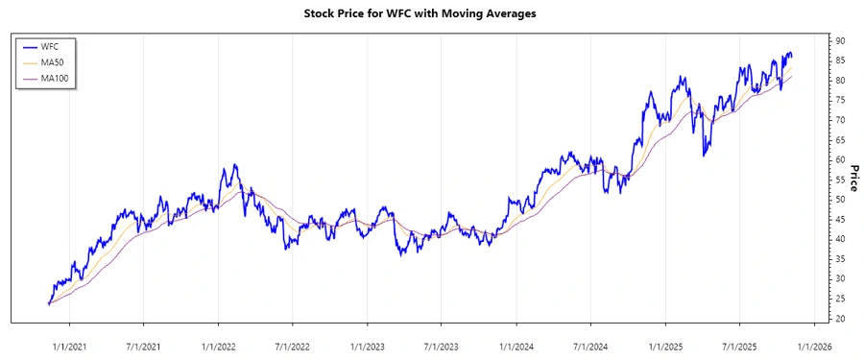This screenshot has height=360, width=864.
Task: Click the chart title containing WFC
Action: pyautogui.click(x=432, y=13)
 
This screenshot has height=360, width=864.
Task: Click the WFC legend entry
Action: pyautogui.click(x=50, y=47)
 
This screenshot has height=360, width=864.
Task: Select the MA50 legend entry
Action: pyautogui.click(x=53, y=62)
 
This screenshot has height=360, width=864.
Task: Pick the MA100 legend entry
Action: pyautogui.click(x=55, y=78)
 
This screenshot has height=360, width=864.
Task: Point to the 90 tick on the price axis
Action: pyautogui.click(x=839, y=40)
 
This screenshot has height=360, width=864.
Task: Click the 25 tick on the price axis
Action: pyautogui.click(x=839, y=299)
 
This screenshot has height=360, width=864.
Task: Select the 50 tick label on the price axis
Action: pyautogui.click(x=839, y=200)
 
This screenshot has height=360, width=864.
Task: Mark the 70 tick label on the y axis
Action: pyautogui.click(x=839, y=120)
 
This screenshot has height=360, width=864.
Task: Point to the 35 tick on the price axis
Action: pyautogui.click(x=839, y=259)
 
